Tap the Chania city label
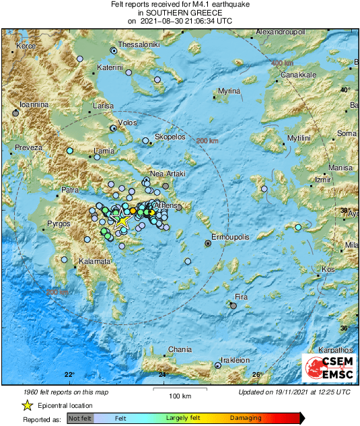[x=180, y=349]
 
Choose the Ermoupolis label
[x=231, y=238]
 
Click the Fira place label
[x=241, y=296]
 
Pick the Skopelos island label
[x=170, y=137]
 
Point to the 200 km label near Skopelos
[x=207, y=140]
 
